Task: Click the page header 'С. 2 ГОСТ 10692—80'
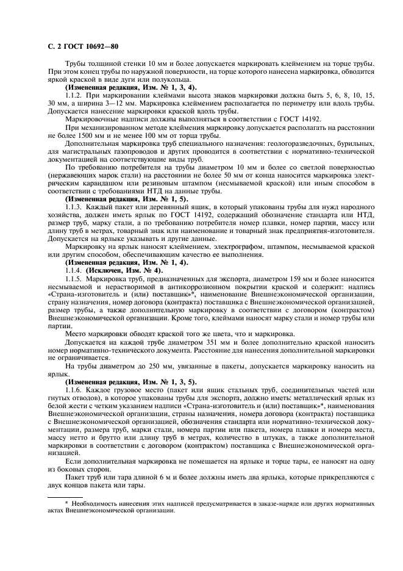[x=82, y=47]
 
